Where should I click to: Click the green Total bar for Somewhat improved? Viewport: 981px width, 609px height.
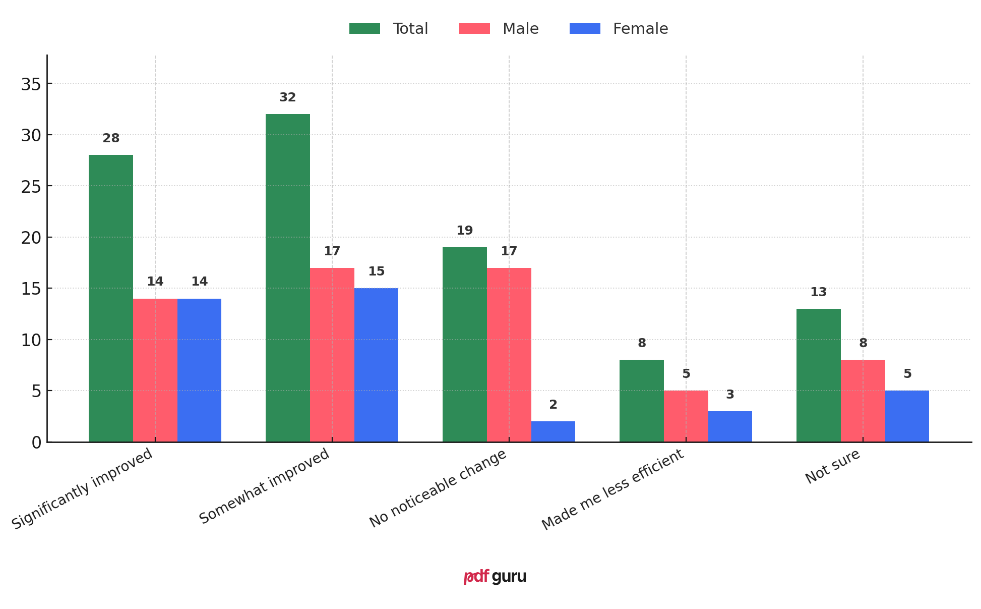click(x=287, y=278)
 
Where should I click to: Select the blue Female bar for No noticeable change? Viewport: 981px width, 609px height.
click(x=553, y=432)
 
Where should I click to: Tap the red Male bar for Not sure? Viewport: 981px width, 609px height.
click(x=863, y=401)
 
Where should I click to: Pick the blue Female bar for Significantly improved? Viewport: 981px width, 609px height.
click(x=199, y=370)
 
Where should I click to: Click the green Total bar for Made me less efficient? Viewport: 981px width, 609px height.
click(x=641, y=401)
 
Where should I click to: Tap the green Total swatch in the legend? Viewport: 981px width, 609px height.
click(x=364, y=29)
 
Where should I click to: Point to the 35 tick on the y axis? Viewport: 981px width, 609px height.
click(x=31, y=84)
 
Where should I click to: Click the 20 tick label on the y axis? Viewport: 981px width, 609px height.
click(x=31, y=238)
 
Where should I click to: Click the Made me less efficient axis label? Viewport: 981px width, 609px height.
click(x=612, y=489)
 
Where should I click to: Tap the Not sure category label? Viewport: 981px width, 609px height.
click(x=832, y=467)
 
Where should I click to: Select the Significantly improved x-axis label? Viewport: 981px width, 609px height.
click(x=82, y=489)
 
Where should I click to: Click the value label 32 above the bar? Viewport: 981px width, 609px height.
click(x=287, y=97)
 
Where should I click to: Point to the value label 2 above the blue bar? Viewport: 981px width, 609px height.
click(x=553, y=405)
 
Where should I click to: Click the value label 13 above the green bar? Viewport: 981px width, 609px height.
click(x=818, y=292)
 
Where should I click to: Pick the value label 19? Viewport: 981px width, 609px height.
click(x=464, y=231)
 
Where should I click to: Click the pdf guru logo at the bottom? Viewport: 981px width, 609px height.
click(x=495, y=576)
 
